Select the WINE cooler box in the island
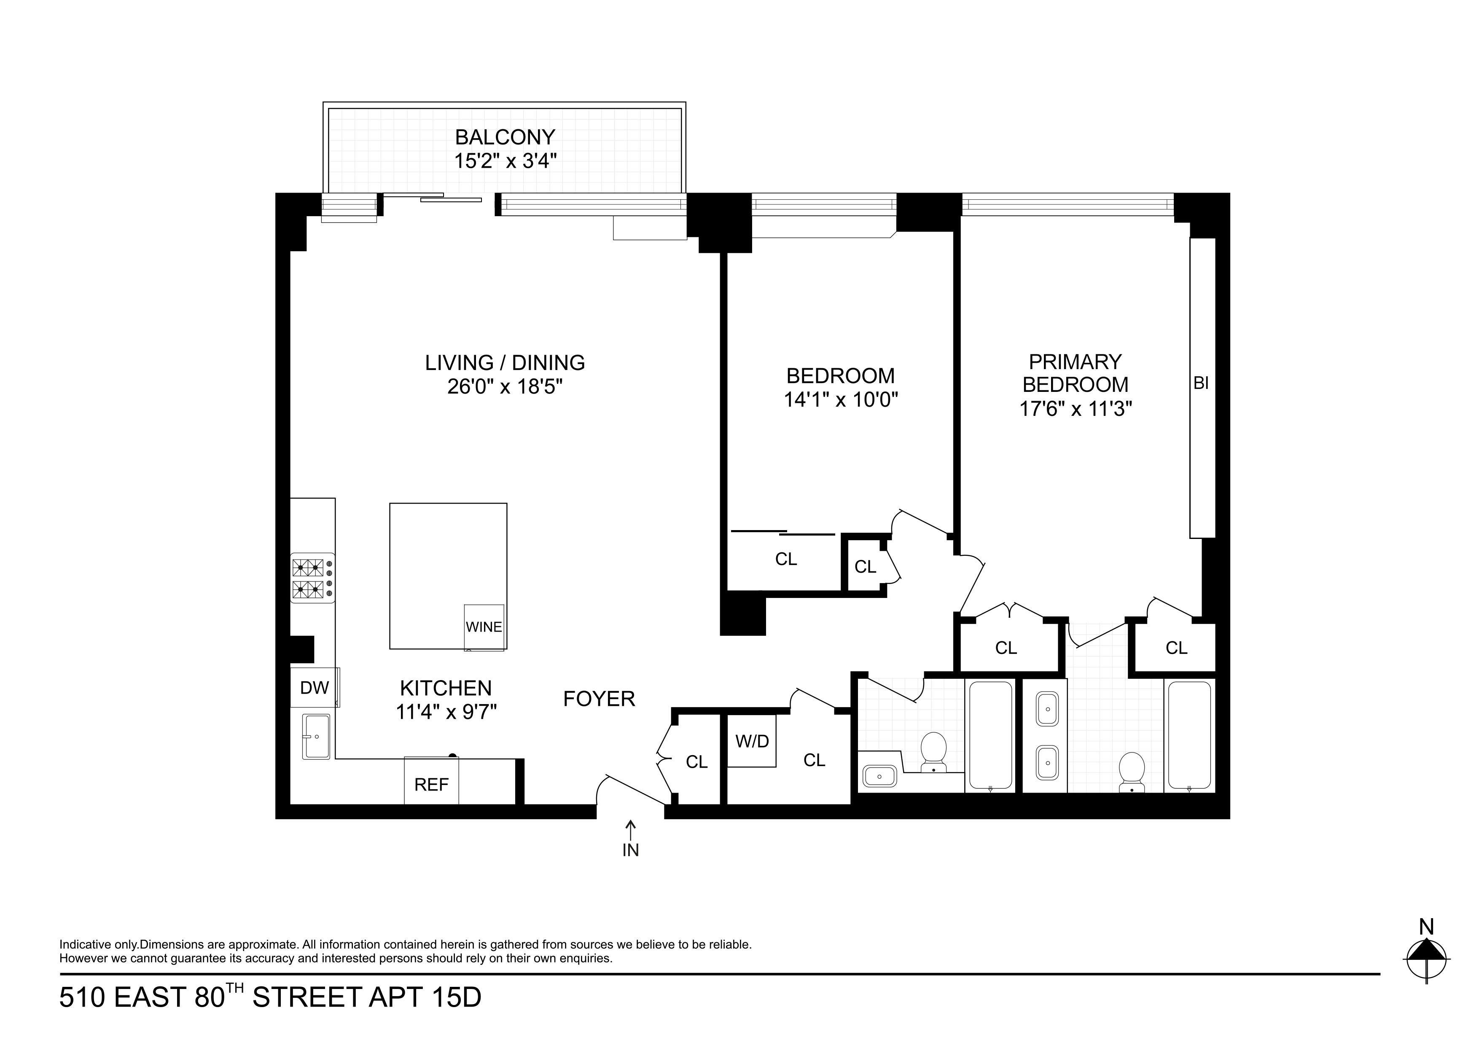[x=484, y=627]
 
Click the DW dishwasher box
[x=315, y=688]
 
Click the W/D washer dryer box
[x=751, y=741]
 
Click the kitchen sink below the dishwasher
[x=316, y=736]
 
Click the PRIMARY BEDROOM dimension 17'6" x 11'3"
[x=1075, y=409]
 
